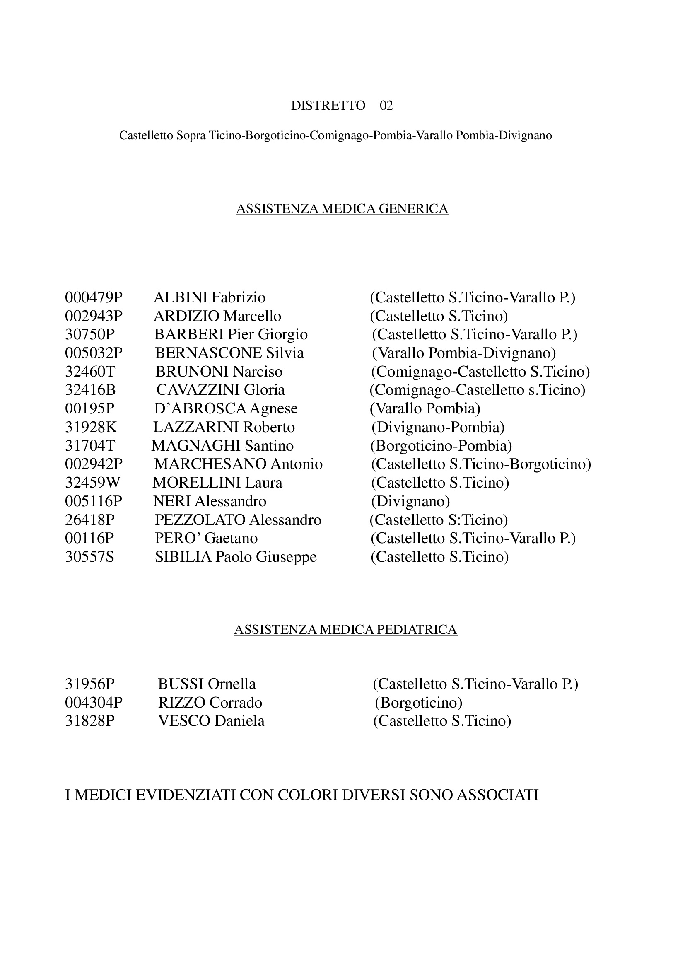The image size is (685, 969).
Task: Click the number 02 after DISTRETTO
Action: (386, 106)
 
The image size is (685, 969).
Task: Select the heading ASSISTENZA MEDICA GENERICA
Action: (342, 209)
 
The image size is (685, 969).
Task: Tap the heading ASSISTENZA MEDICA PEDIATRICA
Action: (345, 630)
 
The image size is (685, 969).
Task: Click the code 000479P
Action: (94, 297)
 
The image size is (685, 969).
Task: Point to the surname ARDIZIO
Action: (186, 316)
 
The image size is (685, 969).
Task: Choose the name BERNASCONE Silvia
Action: (229, 353)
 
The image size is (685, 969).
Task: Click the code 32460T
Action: (90, 372)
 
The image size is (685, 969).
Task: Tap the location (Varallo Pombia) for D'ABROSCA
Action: (425, 408)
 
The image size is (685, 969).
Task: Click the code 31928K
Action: (91, 427)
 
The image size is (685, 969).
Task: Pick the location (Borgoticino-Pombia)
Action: (441, 446)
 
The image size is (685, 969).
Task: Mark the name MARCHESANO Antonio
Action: (238, 464)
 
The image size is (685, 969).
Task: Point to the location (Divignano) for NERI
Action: (410, 501)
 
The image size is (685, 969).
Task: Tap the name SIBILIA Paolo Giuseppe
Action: (236, 557)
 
